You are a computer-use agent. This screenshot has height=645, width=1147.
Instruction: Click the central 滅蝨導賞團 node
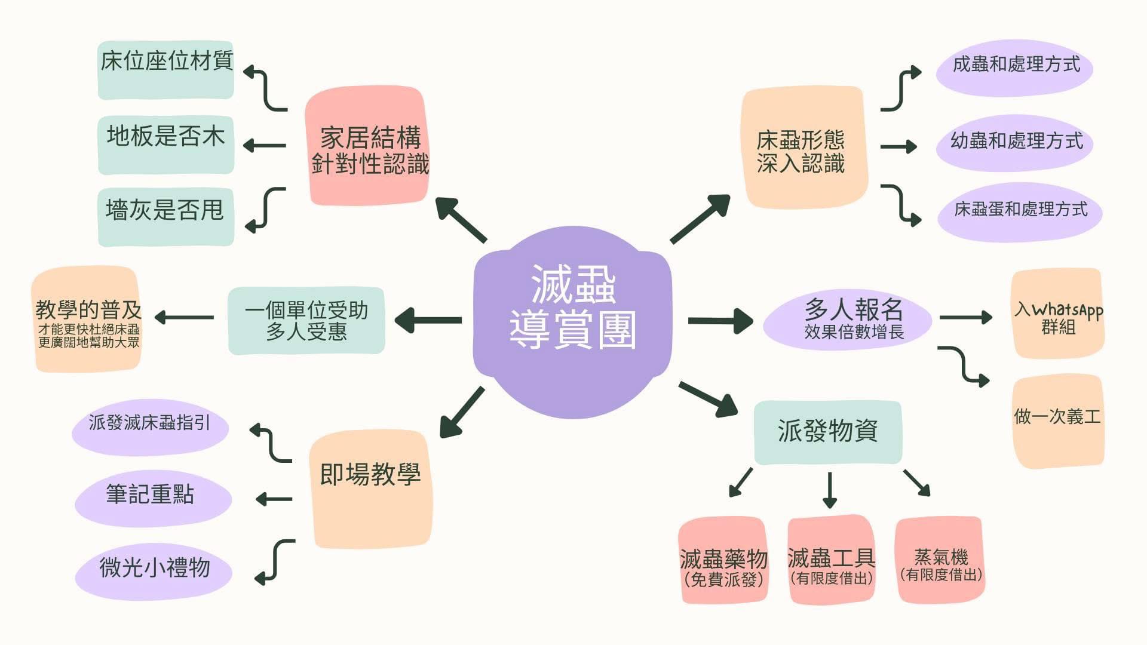coord(572,322)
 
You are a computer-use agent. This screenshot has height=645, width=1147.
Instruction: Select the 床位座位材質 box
coord(165,70)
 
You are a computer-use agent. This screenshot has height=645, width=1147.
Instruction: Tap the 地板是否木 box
coord(165,145)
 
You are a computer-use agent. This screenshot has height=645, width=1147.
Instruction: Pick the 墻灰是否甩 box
coord(165,217)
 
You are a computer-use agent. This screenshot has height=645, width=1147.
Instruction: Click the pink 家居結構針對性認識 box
coord(367,146)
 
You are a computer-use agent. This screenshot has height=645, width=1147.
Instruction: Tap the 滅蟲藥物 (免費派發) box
coord(723,560)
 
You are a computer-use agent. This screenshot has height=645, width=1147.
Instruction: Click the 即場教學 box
coord(370,489)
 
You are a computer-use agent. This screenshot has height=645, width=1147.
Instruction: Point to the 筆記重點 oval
coord(153,498)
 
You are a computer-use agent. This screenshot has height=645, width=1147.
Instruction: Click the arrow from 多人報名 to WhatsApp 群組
coord(965,317)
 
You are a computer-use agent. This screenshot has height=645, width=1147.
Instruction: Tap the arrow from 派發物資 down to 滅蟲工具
coord(829,490)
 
